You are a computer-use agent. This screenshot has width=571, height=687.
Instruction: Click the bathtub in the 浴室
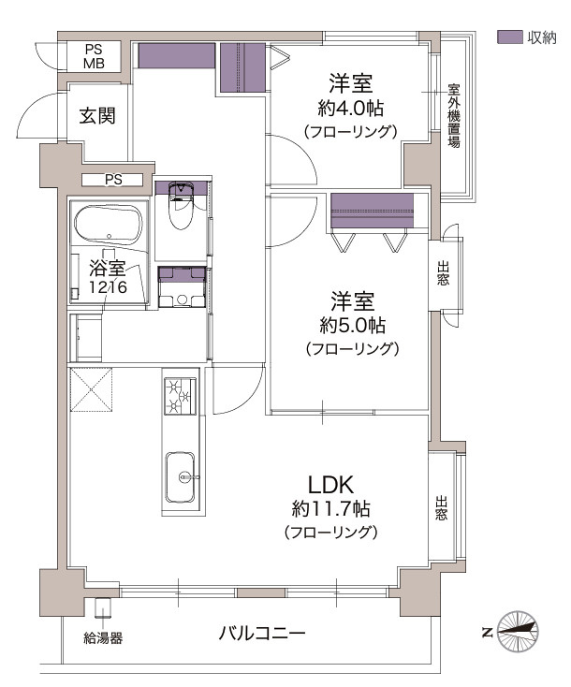pos(109,224)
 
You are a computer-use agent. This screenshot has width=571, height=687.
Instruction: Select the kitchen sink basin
pos(180,477)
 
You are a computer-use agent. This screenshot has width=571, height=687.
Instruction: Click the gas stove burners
pos(181,396)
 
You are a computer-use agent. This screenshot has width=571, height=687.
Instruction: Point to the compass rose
pos(519,631)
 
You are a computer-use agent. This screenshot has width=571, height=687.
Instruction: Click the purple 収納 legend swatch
pos(509,37)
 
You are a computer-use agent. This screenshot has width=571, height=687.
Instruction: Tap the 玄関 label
pos(97,116)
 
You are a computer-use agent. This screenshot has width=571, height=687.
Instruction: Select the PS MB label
pos(95,56)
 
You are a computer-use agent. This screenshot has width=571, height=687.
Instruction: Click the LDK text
pos(330,485)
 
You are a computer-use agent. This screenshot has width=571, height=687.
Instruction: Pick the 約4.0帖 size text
pos(351,108)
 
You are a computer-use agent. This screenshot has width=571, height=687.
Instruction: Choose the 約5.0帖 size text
pos(352,326)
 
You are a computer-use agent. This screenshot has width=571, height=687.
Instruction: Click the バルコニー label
pos(262,633)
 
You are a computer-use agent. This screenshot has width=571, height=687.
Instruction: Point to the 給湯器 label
pos(103,638)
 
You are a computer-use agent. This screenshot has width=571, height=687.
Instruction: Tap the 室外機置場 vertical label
pos(454,116)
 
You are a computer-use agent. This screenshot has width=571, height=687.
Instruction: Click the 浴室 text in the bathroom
pos(108,268)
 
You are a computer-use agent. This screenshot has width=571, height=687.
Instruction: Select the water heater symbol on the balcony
pos(104,607)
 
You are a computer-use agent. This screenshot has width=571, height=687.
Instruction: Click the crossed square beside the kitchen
pos(91,390)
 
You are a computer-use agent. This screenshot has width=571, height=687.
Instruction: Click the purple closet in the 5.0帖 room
pos(372,211)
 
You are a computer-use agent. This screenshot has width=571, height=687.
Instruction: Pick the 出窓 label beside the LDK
pos(441,507)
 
